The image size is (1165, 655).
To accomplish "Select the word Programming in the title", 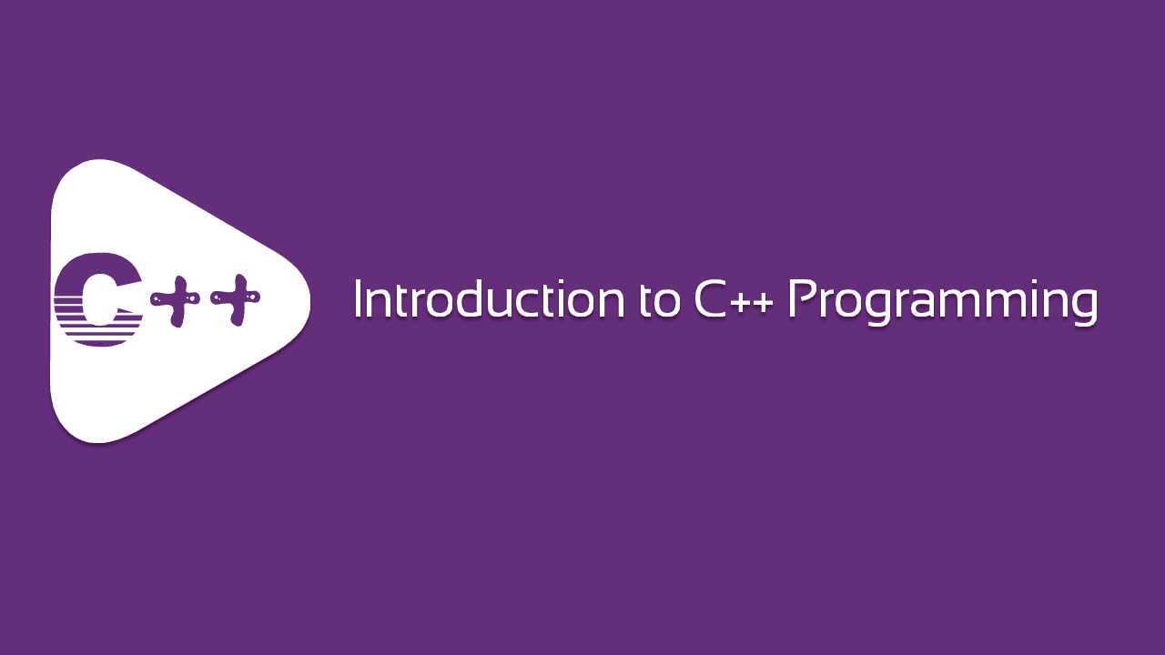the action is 942,303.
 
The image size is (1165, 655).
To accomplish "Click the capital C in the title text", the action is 711,298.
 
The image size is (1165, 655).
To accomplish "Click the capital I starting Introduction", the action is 358,298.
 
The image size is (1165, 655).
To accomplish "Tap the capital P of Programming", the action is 802,298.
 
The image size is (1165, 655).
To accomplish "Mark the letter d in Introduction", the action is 471,299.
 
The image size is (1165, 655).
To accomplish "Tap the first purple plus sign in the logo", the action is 177,300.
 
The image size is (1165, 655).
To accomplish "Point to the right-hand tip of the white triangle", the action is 310,301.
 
